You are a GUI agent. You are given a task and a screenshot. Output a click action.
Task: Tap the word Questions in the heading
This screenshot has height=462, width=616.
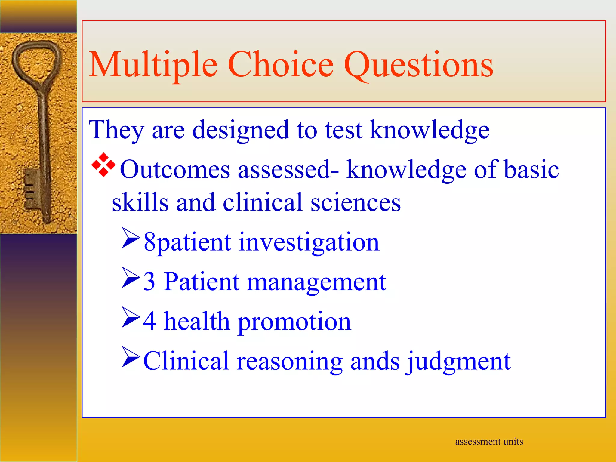pos(418,65)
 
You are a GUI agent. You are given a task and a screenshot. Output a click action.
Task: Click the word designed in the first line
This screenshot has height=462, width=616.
pos(240,130)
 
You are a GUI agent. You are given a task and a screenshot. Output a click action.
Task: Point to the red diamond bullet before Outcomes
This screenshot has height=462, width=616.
pos(103,165)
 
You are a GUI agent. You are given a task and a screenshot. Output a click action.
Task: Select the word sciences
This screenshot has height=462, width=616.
pos(356,202)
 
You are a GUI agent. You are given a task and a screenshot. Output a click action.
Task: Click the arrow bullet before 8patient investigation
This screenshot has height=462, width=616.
pos(131,238)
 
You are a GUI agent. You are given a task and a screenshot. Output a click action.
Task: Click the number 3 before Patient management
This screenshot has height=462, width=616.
pos(149,282)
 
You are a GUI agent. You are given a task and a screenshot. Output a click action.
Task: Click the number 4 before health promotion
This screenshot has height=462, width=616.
pos(149,321)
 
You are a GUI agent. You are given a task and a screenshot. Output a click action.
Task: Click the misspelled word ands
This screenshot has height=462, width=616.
pos(375,361)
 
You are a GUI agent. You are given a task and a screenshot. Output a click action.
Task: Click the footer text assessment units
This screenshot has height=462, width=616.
pos(489,442)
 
